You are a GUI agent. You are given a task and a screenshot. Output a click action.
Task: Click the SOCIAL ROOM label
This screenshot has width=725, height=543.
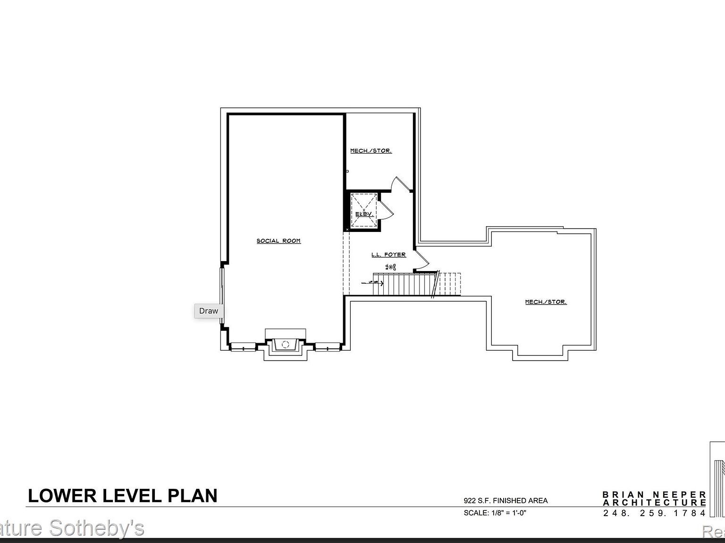tap(278, 241)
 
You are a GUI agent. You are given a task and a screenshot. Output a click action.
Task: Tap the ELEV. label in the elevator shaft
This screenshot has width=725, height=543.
tap(364, 214)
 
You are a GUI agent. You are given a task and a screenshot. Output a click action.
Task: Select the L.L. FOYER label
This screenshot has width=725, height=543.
tap(388, 255)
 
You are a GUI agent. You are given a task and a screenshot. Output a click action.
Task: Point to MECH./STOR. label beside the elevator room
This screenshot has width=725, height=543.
tap(371, 151)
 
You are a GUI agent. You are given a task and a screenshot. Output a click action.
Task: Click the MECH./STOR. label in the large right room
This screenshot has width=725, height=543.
tap(546, 302)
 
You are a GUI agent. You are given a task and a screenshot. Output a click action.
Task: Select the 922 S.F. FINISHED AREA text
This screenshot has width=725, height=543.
tap(506, 501)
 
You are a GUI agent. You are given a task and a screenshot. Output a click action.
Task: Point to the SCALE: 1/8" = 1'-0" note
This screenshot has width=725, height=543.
tap(495, 513)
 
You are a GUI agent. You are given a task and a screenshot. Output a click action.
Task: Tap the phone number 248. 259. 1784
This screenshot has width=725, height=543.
tap(654, 513)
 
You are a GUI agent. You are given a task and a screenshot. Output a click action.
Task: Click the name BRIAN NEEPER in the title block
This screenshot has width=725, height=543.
tap(654, 494)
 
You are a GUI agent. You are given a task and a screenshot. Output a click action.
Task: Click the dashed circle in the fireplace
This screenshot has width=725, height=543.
tap(285, 345)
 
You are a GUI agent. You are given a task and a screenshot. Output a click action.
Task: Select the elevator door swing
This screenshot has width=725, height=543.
tap(385, 209)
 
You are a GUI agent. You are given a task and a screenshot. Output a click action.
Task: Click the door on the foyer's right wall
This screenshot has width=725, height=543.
tap(422, 261)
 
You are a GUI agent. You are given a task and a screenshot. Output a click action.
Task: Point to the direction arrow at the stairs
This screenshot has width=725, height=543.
tap(373, 282)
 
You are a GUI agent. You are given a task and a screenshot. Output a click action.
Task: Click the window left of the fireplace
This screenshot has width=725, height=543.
tap(243, 348)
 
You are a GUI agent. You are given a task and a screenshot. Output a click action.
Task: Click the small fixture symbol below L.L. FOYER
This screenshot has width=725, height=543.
tap(390, 267)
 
